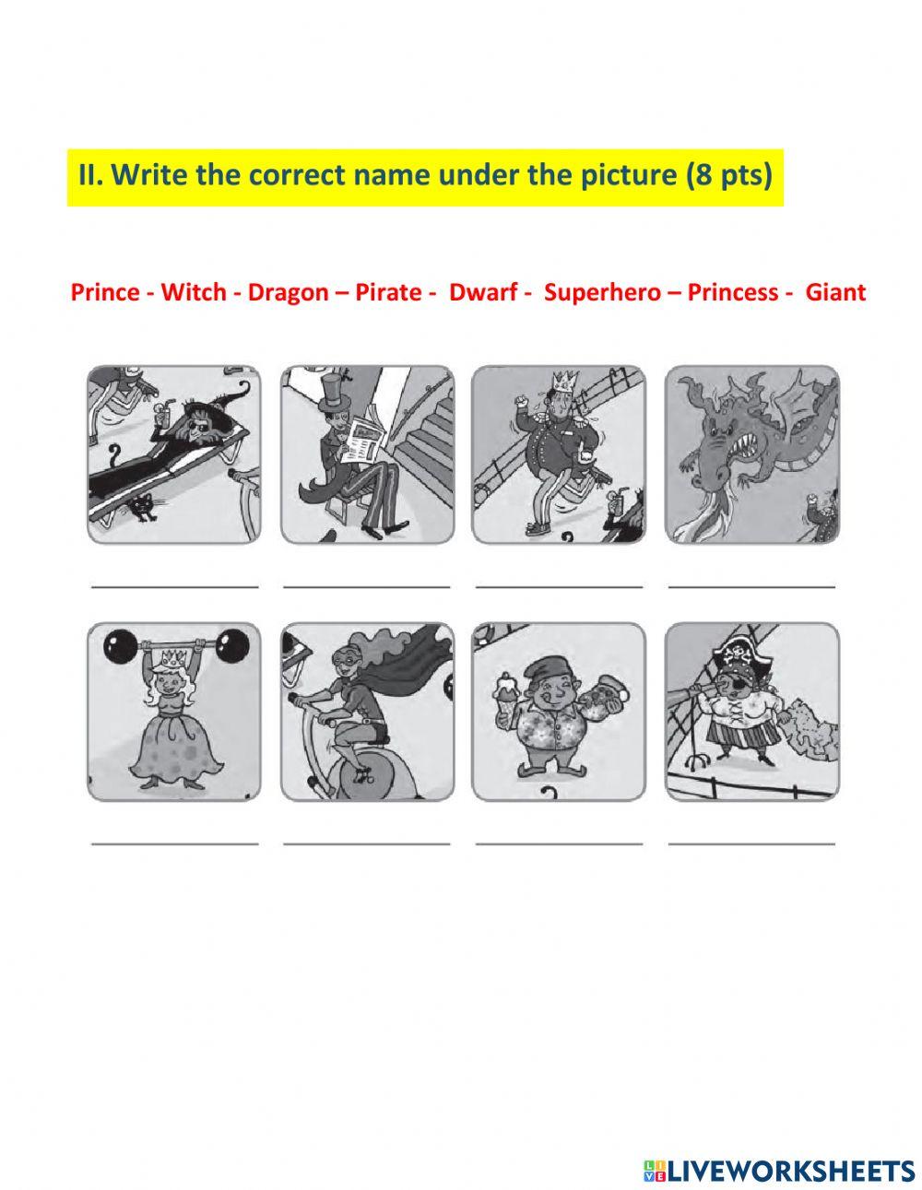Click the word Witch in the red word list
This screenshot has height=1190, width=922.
193,293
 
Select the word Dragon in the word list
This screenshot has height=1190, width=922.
288,293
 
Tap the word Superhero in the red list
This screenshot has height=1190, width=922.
602,293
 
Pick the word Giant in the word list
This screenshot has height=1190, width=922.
835,293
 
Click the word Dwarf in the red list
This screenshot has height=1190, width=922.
483,293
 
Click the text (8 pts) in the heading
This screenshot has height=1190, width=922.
728,175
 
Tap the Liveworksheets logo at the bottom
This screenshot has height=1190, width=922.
779,1146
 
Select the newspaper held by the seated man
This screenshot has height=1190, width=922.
355,440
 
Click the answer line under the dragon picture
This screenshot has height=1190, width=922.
751,585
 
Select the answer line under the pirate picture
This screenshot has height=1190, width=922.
751,842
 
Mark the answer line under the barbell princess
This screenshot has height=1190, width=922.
175,842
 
